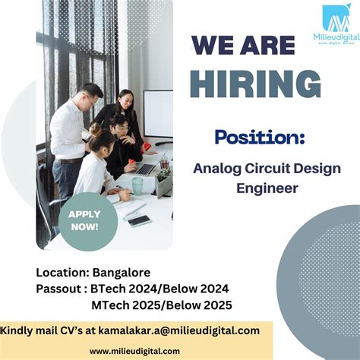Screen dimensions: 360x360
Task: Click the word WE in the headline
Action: [x=213, y=46]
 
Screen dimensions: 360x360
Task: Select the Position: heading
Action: [x=259, y=137]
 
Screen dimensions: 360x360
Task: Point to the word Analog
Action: [x=216, y=168]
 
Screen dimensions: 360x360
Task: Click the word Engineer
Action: [x=256, y=187]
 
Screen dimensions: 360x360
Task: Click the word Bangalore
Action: [x=120, y=272]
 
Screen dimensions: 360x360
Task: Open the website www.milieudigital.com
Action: [x=134, y=350]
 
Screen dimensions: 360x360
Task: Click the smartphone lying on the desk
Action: [x=139, y=219]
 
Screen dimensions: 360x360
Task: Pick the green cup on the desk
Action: [x=137, y=185]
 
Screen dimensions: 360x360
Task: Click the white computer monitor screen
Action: [x=159, y=114]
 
